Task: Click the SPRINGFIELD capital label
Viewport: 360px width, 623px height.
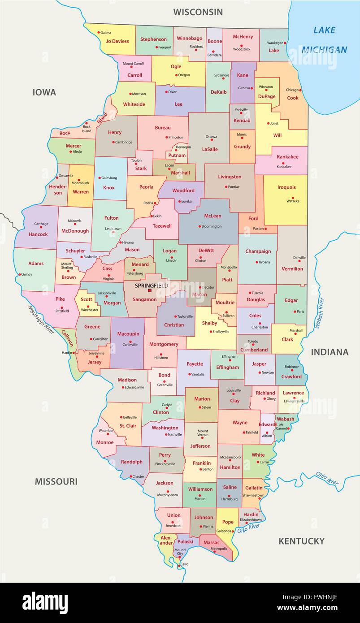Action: (x=151, y=285)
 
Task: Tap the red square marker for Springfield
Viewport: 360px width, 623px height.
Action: (x=150, y=290)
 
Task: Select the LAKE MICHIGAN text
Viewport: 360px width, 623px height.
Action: (x=324, y=40)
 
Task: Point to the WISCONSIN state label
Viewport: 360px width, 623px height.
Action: (x=198, y=12)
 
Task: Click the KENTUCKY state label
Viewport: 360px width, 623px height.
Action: (x=301, y=541)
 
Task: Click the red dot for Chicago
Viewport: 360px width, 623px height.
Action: (x=300, y=90)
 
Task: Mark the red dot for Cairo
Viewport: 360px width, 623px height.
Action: (x=179, y=565)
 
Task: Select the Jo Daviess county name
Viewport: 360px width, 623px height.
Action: (x=117, y=41)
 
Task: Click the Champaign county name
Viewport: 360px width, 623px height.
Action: (x=258, y=251)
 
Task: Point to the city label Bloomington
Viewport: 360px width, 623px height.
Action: (x=211, y=226)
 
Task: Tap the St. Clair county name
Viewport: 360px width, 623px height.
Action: (x=128, y=426)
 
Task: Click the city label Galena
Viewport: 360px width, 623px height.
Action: (x=106, y=33)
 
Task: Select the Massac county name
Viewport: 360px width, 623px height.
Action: (x=212, y=542)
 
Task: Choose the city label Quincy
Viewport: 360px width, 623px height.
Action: (x=27, y=274)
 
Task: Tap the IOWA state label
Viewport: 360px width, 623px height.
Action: (x=44, y=92)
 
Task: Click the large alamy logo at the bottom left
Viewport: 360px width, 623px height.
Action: (x=45, y=602)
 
